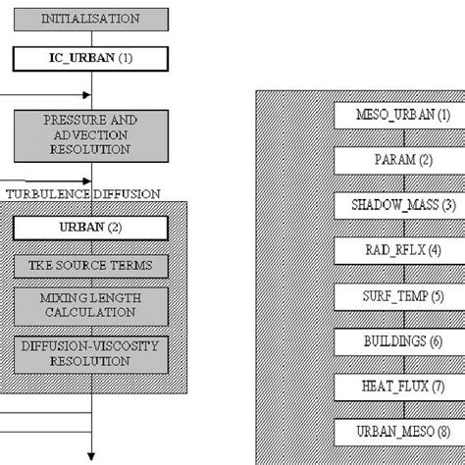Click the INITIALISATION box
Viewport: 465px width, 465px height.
tap(90, 19)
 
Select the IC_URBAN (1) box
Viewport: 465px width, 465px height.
tap(90, 58)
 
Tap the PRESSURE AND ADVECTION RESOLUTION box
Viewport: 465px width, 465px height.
tap(90, 134)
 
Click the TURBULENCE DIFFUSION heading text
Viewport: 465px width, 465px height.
tap(83, 194)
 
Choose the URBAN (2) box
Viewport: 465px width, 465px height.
tap(90, 228)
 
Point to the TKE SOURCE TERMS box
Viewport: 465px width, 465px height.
tap(90, 266)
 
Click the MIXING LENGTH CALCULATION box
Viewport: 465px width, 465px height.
tap(90, 305)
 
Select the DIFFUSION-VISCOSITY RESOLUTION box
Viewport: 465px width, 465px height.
tap(90, 354)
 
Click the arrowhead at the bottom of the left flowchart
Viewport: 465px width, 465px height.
tap(90, 454)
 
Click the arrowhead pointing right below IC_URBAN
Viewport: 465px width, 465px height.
tap(86, 95)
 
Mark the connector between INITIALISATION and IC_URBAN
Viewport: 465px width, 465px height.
tap(90, 38)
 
